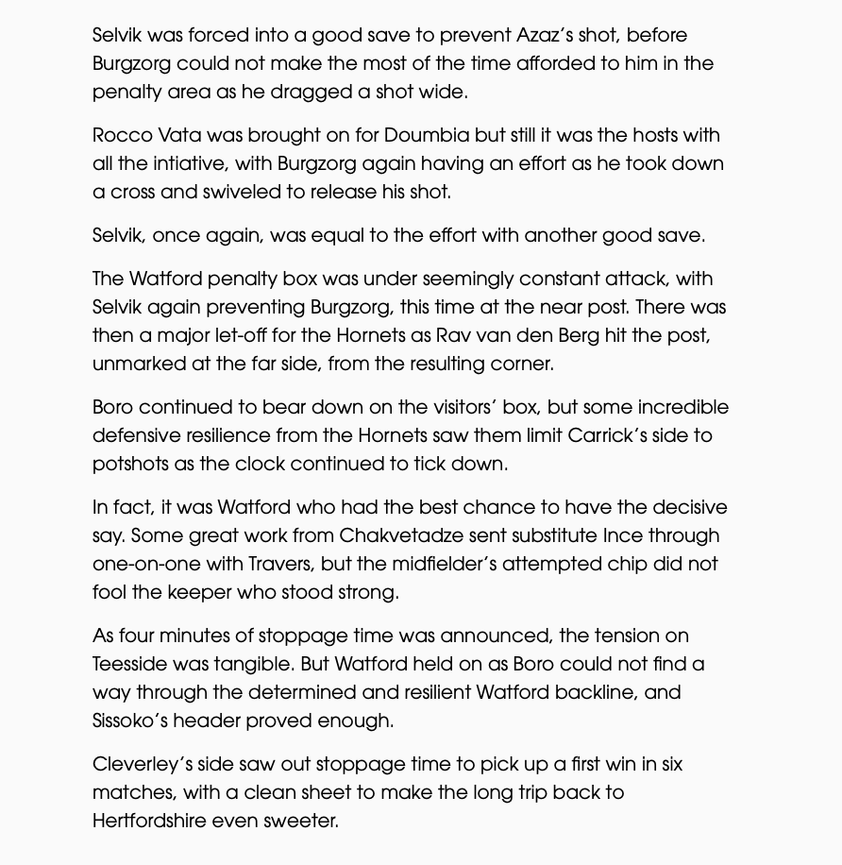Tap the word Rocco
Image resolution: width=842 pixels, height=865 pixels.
[122, 136]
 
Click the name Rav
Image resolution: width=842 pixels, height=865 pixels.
[479, 336]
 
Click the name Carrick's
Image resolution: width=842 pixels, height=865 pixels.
[609, 436]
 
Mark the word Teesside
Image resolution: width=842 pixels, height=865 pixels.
[134, 665]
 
